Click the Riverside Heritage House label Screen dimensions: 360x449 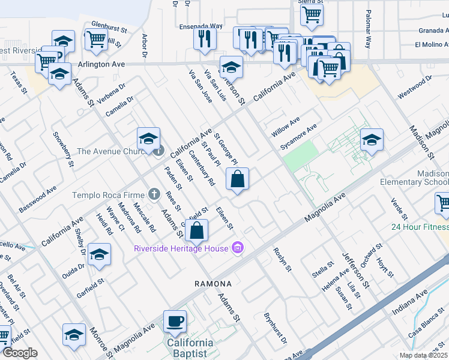(x=181, y=248)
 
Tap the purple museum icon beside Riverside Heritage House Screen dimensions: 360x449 (x=238, y=248)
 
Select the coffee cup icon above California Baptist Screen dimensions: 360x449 (x=175, y=321)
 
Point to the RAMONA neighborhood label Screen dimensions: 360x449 (x=212, y=283)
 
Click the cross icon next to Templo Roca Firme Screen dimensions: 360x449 (x=154, y=194)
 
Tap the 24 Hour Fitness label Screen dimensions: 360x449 (x=420, y=227)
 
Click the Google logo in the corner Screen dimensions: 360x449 (x=20, y=353)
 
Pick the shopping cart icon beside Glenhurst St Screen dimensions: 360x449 (x=96, y=40)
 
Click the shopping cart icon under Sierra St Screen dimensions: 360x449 (x=312, y=14)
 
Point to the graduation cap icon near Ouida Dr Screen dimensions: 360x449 (x=99, y=254)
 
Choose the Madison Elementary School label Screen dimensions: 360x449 (x=414, y=176)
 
